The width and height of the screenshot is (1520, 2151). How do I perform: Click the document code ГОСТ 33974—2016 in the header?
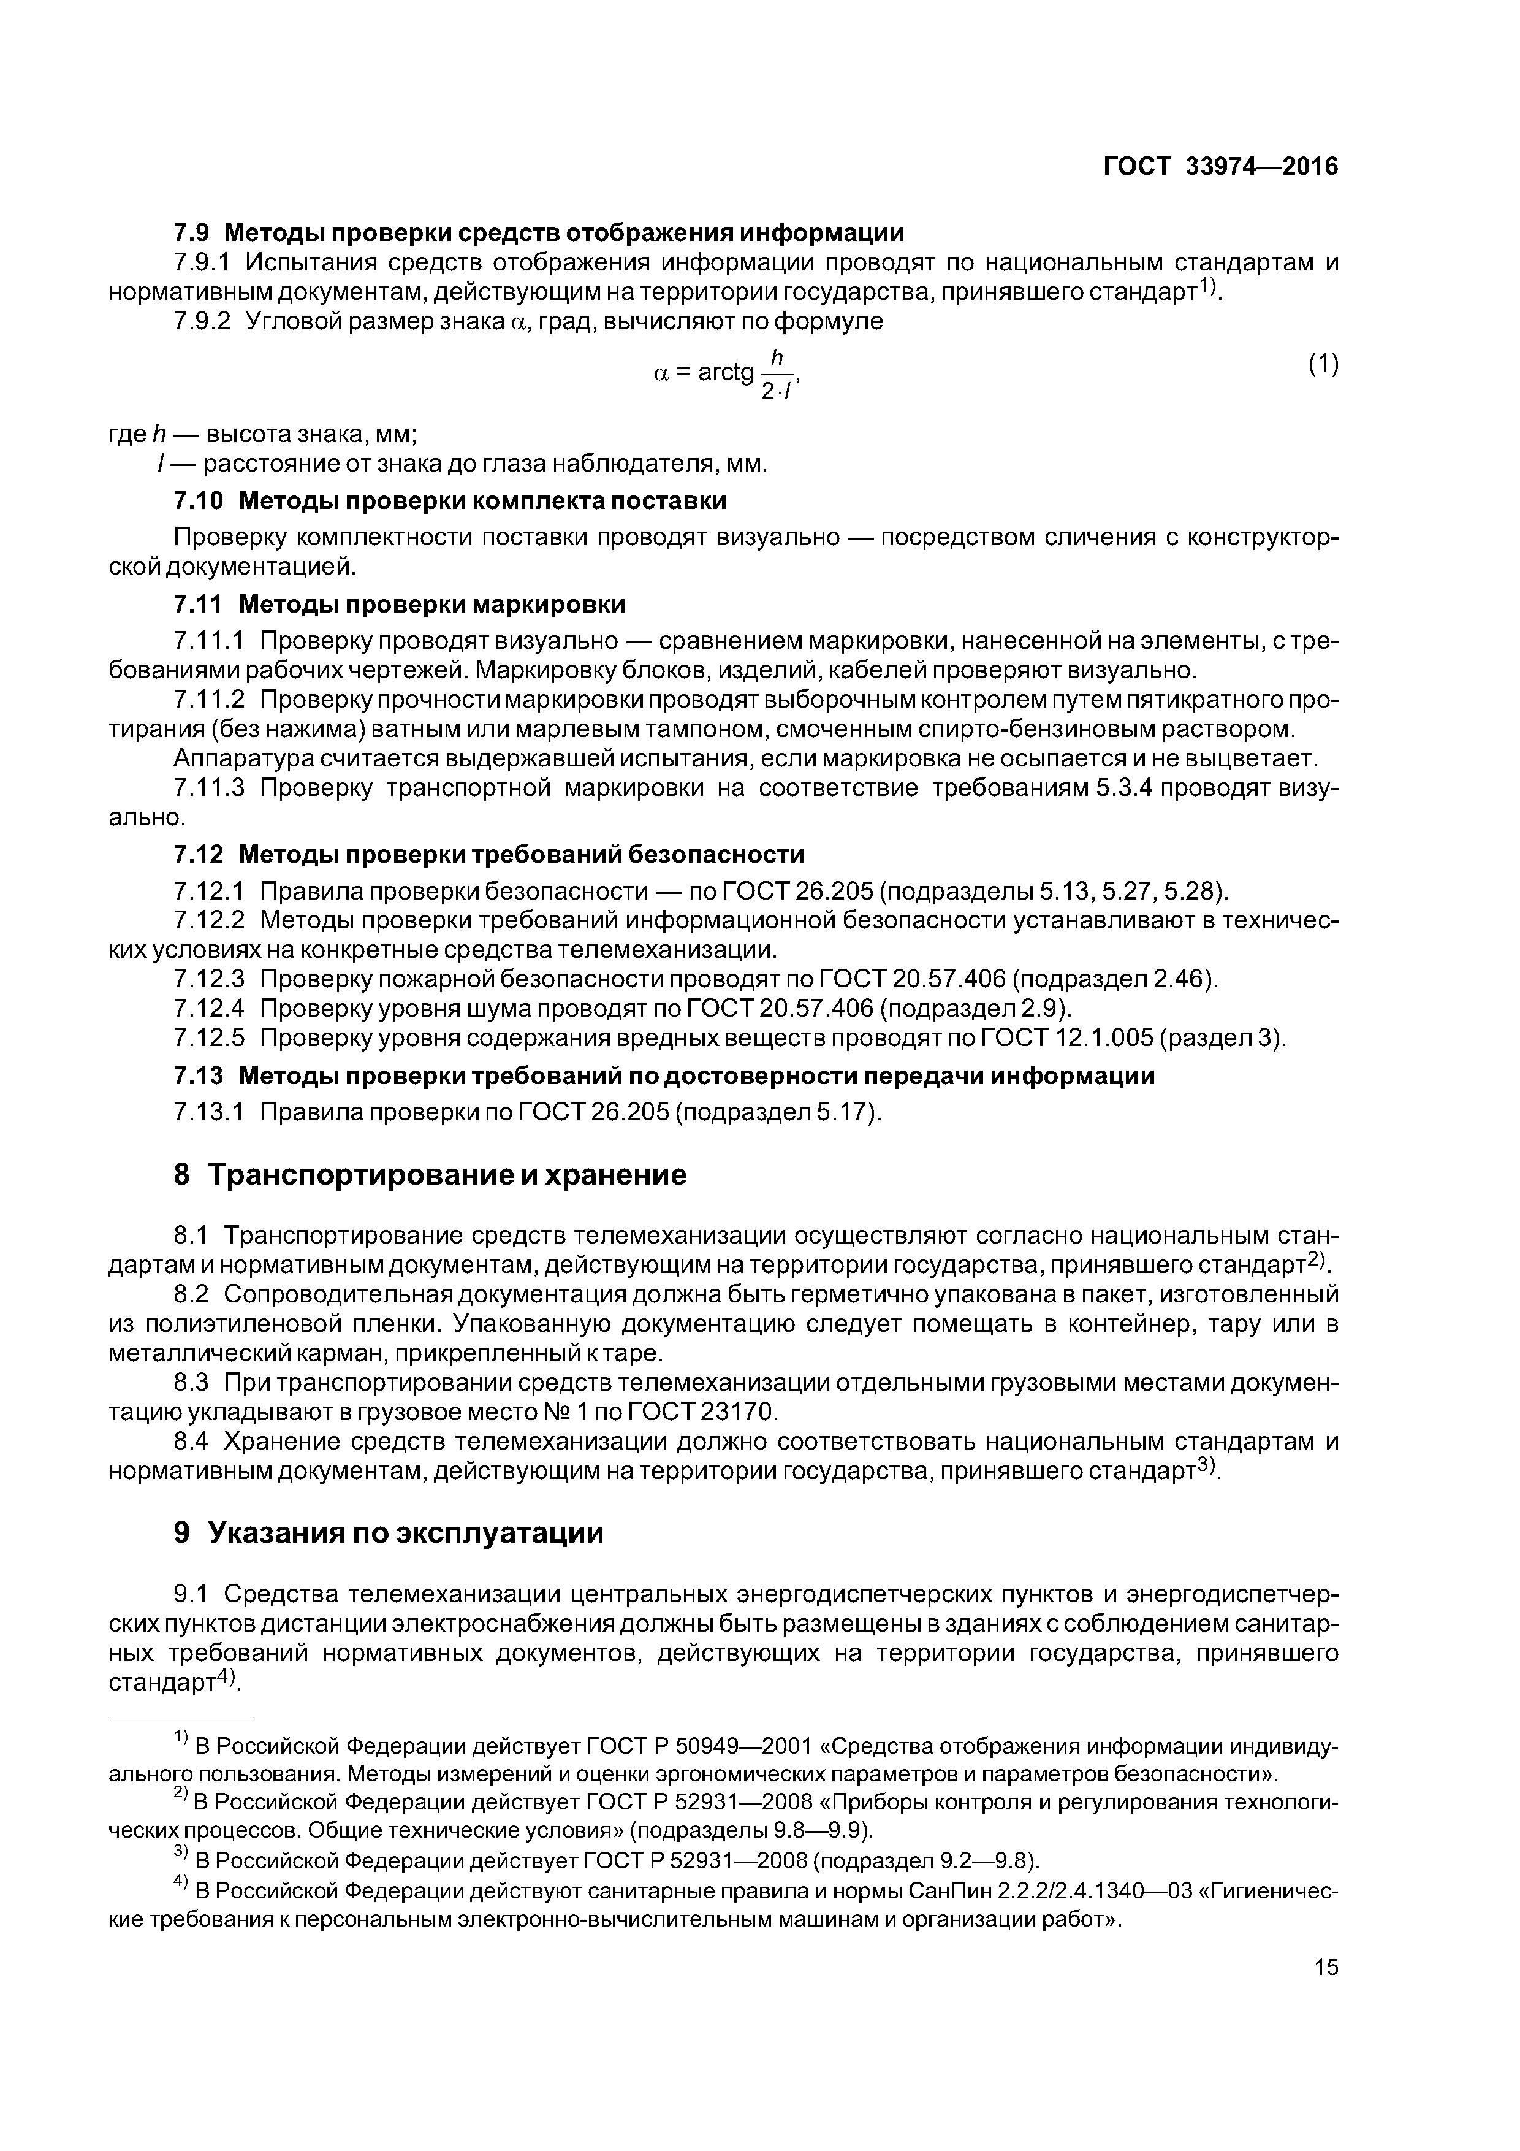coord(1220,167)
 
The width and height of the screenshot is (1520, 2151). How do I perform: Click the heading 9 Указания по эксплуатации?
coord(388,1533)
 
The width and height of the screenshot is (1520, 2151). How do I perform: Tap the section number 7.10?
coord(199,500)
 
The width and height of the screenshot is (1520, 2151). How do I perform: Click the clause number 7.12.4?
coord(209,1008)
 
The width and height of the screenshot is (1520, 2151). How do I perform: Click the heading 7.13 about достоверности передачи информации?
coord(664,1075)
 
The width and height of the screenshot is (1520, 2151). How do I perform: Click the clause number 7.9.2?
coord(202,321)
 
